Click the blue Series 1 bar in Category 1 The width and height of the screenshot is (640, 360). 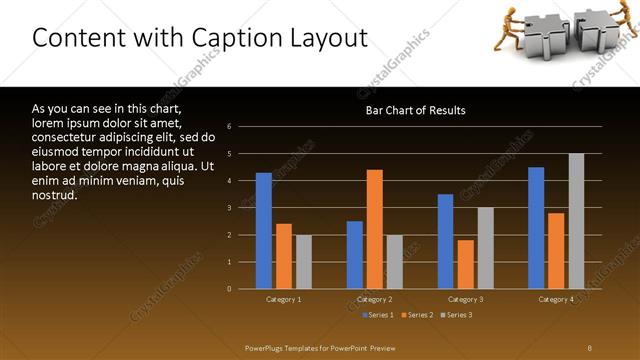pos(264,231)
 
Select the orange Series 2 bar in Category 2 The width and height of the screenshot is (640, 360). pos(375,229)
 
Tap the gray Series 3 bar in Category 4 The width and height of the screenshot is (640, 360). pos(576,221)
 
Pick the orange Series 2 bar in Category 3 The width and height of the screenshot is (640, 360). pos(466,264)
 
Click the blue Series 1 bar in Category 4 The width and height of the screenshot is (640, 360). pos(536,228)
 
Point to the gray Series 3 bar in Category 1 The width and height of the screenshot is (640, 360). pos(304,262)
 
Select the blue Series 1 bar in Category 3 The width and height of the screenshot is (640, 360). pos(446,241)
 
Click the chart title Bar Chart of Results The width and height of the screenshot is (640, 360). pos(415,110)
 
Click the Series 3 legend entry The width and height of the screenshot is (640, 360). pos(457,315)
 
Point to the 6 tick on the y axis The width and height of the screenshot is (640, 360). pos(230,127)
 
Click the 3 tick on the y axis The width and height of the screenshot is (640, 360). pos(230,208)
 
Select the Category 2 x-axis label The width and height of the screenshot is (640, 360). pos(375,299)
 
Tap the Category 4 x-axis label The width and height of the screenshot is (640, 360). pos(556,299)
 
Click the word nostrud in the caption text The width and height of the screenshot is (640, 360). pos(55,195)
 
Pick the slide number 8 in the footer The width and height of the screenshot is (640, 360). pos(589,347)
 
